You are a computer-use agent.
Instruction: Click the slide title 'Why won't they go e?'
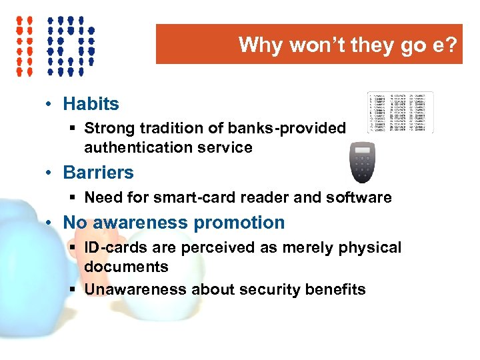pos(348,45)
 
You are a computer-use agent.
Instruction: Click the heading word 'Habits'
pos(91,104)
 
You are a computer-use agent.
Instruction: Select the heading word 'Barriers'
pos(98,173)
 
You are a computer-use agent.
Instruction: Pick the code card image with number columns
pos(400,112)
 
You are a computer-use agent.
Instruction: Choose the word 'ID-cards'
pos(113,248)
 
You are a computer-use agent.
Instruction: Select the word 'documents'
pos(126,267)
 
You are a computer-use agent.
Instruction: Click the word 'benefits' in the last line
pos(335,289)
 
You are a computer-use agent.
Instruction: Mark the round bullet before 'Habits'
pos(51,105)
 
